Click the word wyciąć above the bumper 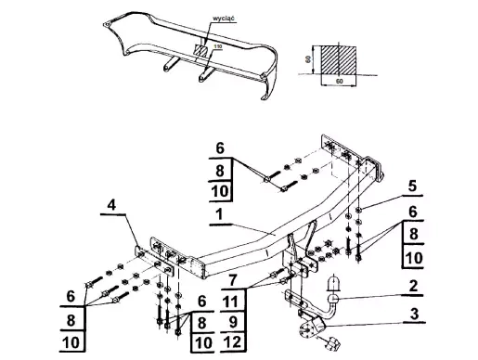[x=224, y=18]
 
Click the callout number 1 [x=219, y=214]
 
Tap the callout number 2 [x=413, y=287]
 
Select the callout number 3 [x=414, y=314]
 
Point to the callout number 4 [x=111, y=205]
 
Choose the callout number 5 [x=412, y=186]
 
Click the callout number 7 [x=233, y=280]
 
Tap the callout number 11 [x=230, y=302]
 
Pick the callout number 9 [x=233, y=322]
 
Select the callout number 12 [x=231, y=342]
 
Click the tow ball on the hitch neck [x=334, y=299]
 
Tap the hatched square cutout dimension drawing [x=338, y=60]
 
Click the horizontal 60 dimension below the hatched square [x=339, y=82]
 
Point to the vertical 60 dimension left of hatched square [x=308, y=59]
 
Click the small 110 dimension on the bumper [x=218, y=46]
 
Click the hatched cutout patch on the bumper [x=201, y=50]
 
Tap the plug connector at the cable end [x=332, y=344]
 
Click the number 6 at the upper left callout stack [x=220, y=148]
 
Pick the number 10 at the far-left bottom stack [x=71, y=342]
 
